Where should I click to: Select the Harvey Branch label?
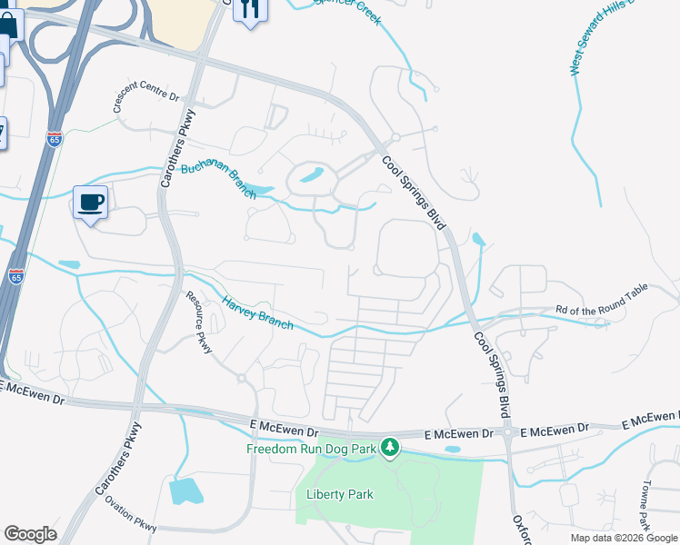tap(258, 311)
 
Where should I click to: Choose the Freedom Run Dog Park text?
tap(312, 449)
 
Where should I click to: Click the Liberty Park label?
tap(340, 494)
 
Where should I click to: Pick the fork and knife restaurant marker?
tap(249, 10)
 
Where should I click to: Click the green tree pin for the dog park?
tap(390, 448)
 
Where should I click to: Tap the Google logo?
tap(30, 534)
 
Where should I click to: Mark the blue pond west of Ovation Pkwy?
tap(185, 490)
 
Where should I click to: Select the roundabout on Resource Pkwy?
tap(242, 377)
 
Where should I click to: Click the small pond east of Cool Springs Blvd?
tap(478, 240)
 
